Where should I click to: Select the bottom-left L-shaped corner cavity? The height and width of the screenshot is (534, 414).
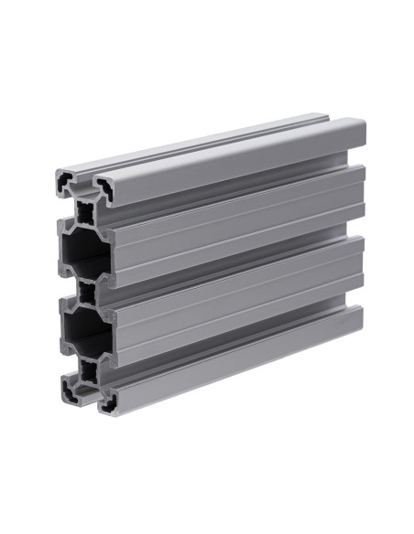tap(71, 390)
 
